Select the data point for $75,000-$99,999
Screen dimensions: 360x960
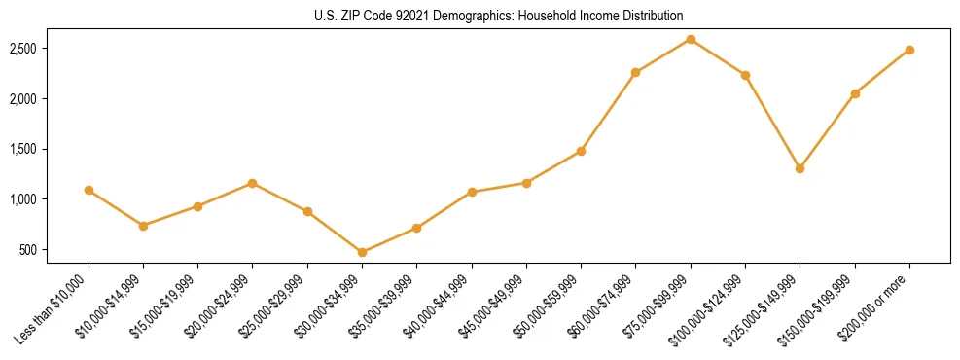pyautogui.click(x=691, y=39)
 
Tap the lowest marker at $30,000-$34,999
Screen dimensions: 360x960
pyautogui.click(x=362, y=252)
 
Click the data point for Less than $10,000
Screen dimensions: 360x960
pyautogui.click(x=89, y=190)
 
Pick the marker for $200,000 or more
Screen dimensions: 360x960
pyautogui.click(x=909, y=50)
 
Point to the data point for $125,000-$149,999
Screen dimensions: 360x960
pyautogui.click(x=800, y=168)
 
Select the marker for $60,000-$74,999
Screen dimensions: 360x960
pyautogui.click(x=635, y=72)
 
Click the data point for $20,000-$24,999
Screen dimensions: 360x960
pyautogui.click(x=252, y=183)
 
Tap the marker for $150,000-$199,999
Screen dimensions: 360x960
pyautogui.click(x=855, y=93)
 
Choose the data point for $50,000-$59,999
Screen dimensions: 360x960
pyautogui.click(x=581, y=151)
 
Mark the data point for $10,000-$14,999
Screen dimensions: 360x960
pyautogui.click(x=143, y=226)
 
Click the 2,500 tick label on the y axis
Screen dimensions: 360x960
pyautogui.click(x=51, y=49)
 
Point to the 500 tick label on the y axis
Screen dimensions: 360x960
pyautogui.click(x=56, y=250)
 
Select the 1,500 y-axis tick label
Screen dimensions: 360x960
pyautogui.click(x=51, y=149)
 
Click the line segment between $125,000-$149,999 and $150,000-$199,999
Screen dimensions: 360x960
pyautogui.click(x=827, y=131)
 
